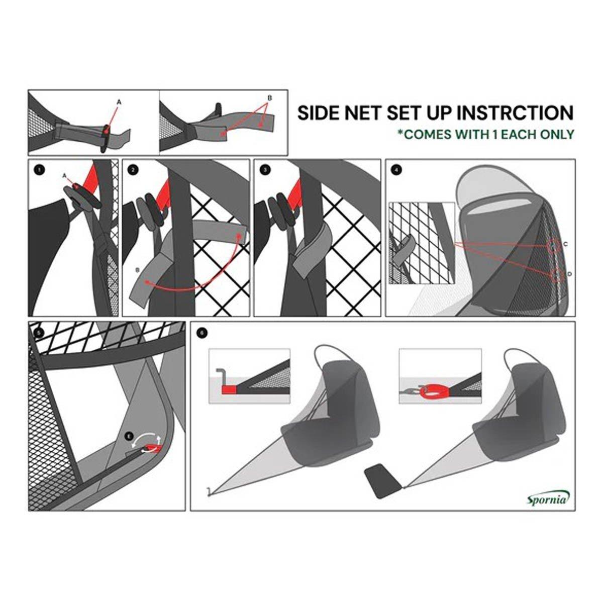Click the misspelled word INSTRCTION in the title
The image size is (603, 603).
(515, 113)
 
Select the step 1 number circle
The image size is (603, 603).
(39, 170)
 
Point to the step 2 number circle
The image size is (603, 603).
(133, 170)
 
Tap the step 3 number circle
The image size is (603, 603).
(265, 170)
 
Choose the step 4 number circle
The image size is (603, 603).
(396, 170)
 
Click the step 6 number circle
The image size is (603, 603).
(202, 333)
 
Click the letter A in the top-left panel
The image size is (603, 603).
(119, 102)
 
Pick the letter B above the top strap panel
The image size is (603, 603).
(270, 98)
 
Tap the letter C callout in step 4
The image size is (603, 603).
(565, 244)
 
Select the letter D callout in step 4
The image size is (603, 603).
(569, 274)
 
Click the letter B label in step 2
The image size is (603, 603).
(137, 269)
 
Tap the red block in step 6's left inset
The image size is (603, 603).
(229, 389)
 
